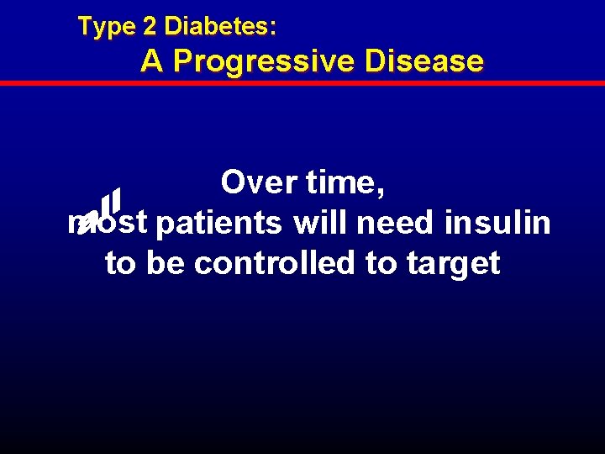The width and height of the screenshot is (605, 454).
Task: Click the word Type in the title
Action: point(106,27)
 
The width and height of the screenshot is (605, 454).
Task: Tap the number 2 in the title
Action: point(150,27)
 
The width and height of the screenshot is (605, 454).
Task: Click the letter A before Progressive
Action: point(152,61)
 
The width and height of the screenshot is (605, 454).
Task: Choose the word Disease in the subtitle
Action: point(423,61)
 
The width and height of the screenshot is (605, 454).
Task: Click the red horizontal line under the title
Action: point(302,83)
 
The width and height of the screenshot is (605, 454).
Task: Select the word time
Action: point(342,182)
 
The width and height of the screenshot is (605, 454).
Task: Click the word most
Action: point(108,223)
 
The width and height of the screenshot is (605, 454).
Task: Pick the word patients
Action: point(219,224)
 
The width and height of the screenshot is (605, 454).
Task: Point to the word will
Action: point(320,224)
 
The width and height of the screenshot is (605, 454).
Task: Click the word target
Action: point(454,265)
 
